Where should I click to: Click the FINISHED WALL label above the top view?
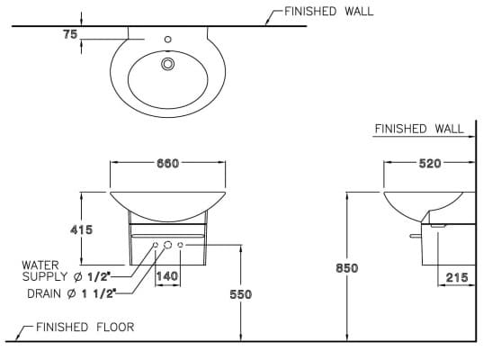point(328,12)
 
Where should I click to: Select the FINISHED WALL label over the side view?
point(419,129)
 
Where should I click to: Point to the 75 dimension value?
point(69,34)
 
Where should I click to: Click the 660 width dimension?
point(168,163)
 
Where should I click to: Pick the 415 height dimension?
point(82,229)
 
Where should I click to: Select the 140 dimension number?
point(166,277)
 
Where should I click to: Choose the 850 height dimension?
point(346,267)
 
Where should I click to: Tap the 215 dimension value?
point(456,277)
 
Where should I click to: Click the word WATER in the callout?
point(40,265)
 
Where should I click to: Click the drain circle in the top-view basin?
point(166,64)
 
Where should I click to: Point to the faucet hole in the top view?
point(166,40)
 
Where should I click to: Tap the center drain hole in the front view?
point(167,246)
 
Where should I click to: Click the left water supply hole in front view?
point(155,246)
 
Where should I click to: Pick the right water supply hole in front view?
point(180,246)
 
